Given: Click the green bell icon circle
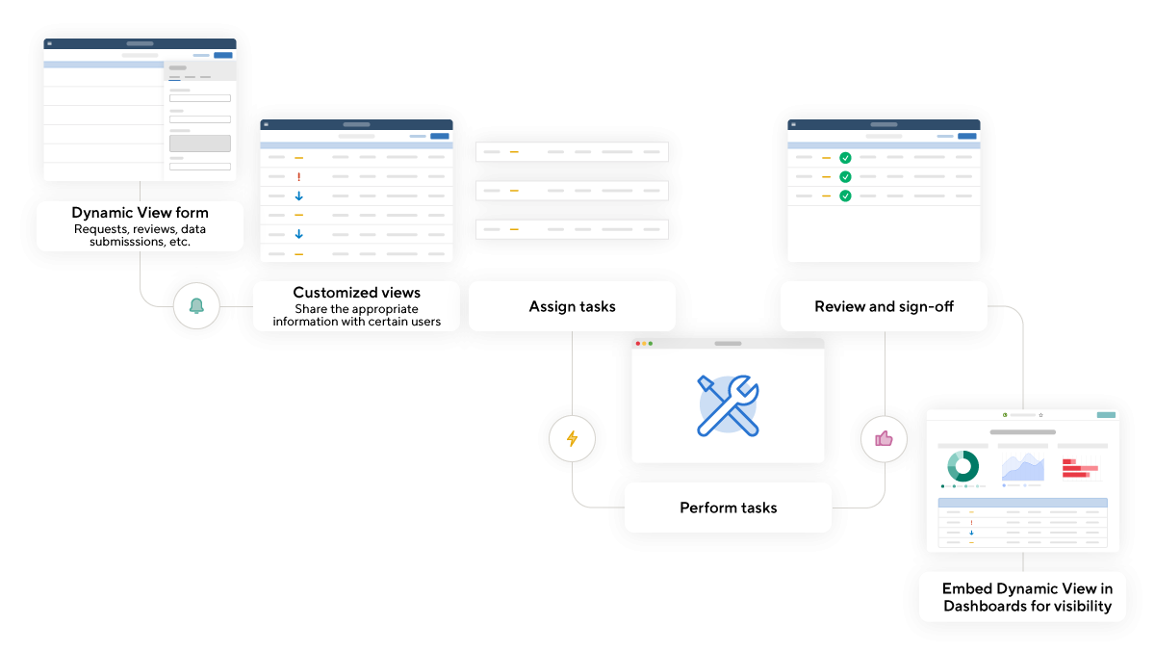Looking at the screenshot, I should click(x=196, y=306).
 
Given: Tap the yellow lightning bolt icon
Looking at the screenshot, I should click(x=572, y=439).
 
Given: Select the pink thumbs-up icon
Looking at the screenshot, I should click(x=884, y=439).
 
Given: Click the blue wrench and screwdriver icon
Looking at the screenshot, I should click(x=728, y=404).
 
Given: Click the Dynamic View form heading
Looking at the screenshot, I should click(x=140, y=213).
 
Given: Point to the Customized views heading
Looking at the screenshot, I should click(x=356, y=293).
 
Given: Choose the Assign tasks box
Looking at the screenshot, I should click(x=572, y=306).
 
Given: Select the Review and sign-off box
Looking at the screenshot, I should click(x=884, y=306).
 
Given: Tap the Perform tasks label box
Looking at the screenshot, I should click(x=728, y=508).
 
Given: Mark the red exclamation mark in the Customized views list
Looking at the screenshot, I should click(x=299, y=177).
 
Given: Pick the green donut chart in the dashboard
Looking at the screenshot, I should click(x=962, y=466).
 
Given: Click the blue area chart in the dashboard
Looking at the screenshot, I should click(x=1022, y=468).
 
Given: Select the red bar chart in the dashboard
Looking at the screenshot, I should click(x=1081, y=469).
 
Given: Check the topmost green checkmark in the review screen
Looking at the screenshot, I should click(x=845, y=158).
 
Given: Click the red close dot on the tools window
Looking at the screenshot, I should click(x=637, y=344).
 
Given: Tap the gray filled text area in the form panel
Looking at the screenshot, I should click(x=200, y=143).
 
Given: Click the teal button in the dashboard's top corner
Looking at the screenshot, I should click(x=1106, y=415).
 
